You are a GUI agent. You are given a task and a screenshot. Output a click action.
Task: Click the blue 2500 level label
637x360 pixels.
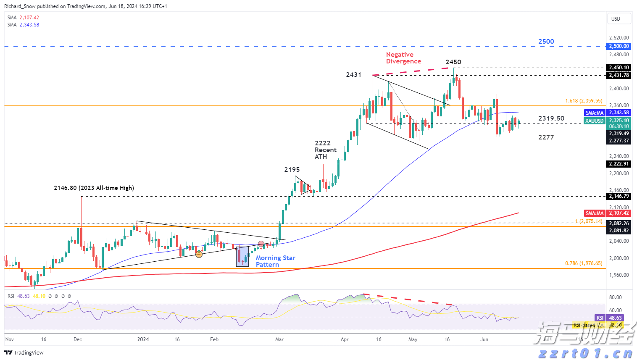point(546,42)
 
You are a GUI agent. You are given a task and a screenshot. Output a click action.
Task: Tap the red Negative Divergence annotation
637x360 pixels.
point(403,58)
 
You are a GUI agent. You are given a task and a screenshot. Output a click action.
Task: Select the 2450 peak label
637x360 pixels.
point(453,62)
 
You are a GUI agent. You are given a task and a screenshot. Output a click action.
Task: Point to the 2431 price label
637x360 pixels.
point(353,75)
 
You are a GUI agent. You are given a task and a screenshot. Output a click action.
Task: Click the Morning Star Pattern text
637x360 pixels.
point(275,261)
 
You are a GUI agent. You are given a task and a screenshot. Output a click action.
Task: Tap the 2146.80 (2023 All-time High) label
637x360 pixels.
point(94,188)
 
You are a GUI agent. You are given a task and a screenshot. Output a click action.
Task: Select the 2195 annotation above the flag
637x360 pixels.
point(292,170)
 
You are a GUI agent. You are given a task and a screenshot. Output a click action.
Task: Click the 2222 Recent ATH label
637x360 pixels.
point(325,150)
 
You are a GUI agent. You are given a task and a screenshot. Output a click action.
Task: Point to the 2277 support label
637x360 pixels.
point(546,137)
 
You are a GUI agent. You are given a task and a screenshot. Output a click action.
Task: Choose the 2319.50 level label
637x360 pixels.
point(551,118)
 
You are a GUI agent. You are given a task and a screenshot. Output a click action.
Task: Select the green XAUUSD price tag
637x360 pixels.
point(595,121)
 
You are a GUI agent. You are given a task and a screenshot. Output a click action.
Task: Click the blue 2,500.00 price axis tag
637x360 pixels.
point(619,46)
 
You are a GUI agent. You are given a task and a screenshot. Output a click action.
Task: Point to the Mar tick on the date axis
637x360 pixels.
point(279,339)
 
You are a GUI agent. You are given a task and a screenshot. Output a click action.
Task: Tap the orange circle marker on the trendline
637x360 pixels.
point(199,254)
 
